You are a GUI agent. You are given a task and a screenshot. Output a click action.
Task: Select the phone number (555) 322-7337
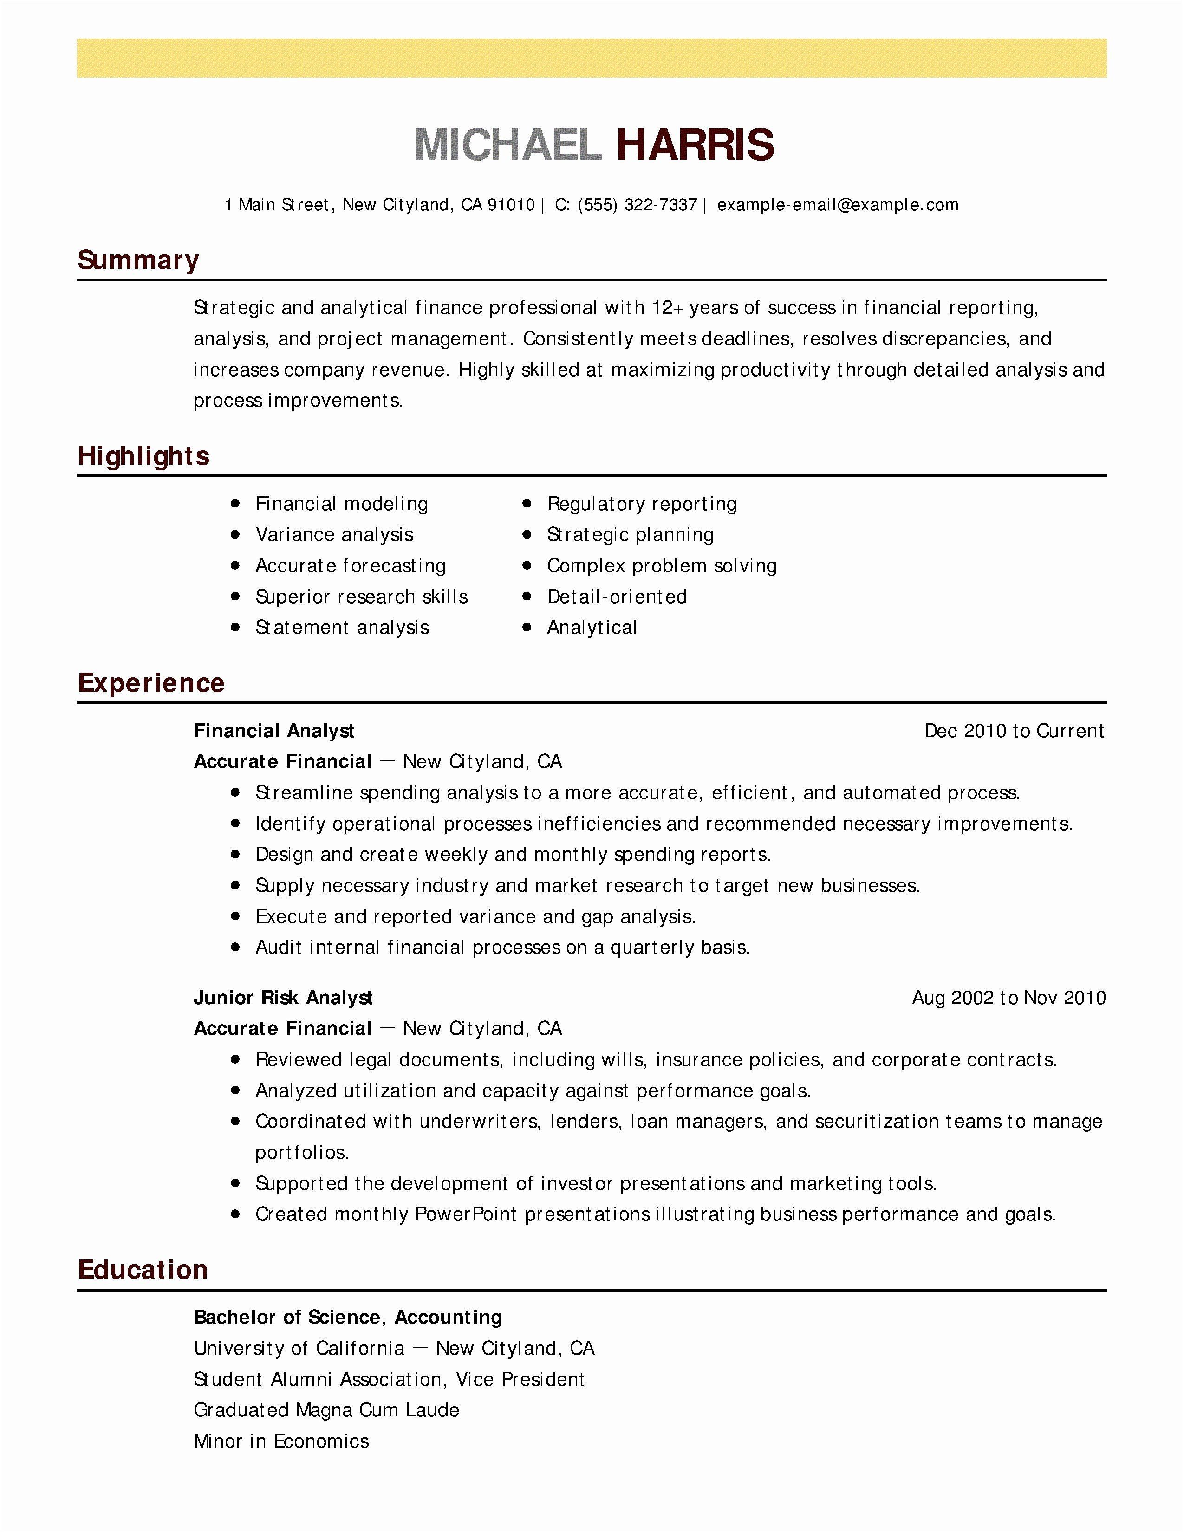637,205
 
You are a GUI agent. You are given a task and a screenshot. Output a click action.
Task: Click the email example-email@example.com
838,205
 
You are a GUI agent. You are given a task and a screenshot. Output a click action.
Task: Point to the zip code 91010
511,205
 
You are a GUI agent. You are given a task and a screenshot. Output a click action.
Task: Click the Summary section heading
138,260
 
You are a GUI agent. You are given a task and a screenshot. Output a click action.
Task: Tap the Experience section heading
151,682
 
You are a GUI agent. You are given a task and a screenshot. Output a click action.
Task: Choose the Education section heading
143,1270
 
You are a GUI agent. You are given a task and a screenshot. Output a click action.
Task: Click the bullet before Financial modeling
236,504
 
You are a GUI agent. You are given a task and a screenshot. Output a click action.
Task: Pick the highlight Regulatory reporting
642,504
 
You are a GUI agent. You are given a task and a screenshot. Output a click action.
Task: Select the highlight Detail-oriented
617,597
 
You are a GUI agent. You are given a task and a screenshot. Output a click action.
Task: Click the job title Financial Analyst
273,731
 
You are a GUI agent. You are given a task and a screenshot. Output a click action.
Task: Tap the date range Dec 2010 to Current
1014,731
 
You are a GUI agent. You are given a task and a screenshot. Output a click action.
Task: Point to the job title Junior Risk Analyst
283,998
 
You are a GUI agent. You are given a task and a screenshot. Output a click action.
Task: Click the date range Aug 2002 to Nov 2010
1008,998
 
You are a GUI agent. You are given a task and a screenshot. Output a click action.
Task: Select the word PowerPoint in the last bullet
466,1214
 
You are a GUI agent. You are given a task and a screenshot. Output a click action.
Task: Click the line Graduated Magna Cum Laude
326,1410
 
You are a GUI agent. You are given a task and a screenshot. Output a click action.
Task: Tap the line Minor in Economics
281,1441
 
